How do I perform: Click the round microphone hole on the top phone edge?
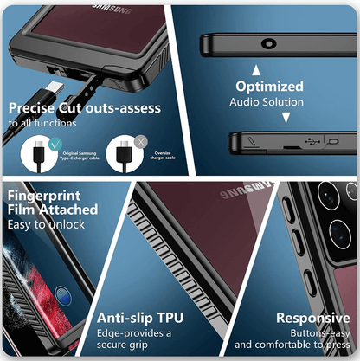click(261, 42)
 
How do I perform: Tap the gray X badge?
click(140, 141)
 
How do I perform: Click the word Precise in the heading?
click(33, 108)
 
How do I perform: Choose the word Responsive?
click(312, 318)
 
